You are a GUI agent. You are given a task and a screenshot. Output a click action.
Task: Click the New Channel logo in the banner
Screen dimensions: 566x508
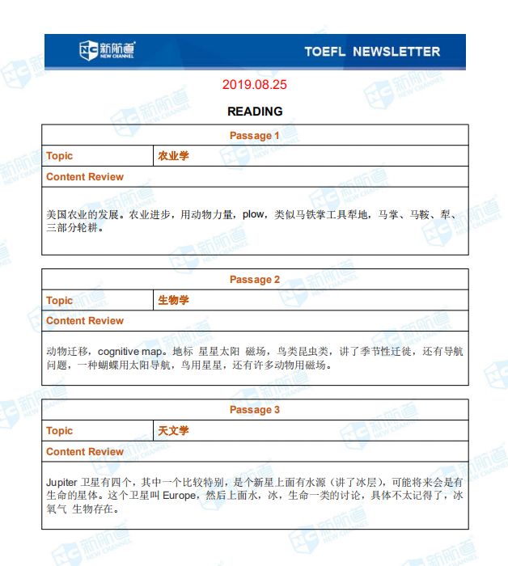pos(107,50)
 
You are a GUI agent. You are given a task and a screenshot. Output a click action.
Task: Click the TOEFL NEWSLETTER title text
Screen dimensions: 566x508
pos(372,51)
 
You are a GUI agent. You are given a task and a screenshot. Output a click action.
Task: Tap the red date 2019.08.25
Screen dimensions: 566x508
pos(254,84)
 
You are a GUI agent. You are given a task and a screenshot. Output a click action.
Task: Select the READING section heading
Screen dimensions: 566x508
pos(255,111)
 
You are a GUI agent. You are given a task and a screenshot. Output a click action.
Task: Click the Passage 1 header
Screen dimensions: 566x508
pos(255,135)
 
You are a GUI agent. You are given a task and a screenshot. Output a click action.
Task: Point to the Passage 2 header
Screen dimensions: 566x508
pos(255,280)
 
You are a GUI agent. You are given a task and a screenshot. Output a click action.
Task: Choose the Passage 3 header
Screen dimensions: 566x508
pos(255,410)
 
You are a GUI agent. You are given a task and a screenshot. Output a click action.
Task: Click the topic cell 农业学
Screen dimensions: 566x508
pos(173,156)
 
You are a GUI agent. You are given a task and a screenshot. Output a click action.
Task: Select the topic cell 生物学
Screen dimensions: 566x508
pos(173,300)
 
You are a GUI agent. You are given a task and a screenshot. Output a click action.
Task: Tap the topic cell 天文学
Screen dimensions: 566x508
pos(173,431)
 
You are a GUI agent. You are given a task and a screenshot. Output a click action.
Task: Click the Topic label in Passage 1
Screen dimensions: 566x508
pos(60,156)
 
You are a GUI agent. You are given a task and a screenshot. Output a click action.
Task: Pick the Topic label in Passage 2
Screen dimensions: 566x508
pos(60,300)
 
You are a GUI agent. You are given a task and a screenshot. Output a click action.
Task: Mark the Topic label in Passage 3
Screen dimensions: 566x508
pos(60,431)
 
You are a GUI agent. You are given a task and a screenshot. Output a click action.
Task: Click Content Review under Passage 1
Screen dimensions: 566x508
pos(85,177)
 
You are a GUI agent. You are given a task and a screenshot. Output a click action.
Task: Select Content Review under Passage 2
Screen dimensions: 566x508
pos(85,321)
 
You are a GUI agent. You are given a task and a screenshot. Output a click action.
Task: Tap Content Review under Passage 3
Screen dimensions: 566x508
pos(85,452)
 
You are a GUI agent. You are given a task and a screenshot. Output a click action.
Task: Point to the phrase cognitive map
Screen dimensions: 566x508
pos(130,352)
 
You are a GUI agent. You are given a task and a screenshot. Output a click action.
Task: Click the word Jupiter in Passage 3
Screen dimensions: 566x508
pos(62,482)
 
